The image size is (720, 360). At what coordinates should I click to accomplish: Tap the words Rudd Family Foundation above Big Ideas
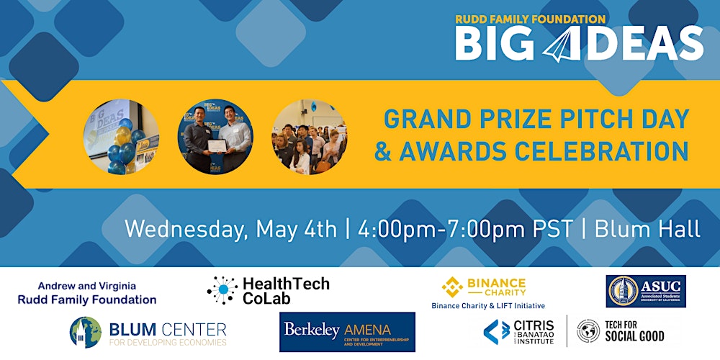click(x=530, y=19)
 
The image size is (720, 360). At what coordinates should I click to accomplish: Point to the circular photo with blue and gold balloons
click(x=122, y=137)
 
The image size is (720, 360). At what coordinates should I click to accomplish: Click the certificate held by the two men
click(x=215, y=146)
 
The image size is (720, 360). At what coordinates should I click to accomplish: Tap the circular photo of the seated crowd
click(x=309, y=137)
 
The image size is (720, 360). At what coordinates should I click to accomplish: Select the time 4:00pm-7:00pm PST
click(x=464, y=229)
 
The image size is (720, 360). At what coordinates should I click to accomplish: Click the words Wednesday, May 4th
click(x=230, y=229)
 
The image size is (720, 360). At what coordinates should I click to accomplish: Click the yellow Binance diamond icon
click(x=452, y=287)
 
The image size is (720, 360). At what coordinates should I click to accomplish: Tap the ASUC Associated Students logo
click(x=646, y=291)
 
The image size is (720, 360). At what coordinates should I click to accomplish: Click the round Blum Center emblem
click(x=85, y=332)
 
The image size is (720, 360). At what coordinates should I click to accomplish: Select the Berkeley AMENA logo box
click(x=347, y=331)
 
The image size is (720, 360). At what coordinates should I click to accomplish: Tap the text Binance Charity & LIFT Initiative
click(x=488, y=305)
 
